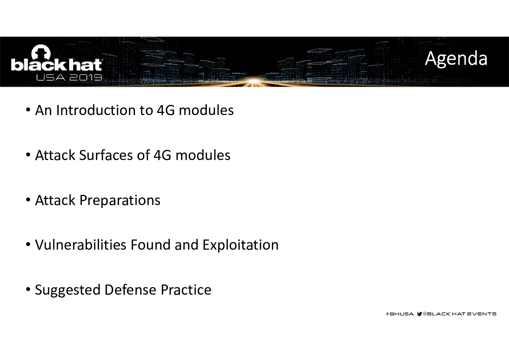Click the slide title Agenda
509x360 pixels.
point(456,59)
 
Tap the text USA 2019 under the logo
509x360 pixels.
point(69,78)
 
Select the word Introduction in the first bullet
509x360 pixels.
point(96,110)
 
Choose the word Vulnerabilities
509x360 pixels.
point(81,245)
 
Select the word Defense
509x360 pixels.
point(131,290)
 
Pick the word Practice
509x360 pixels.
point(186,290)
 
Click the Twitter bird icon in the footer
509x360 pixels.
point(419,314)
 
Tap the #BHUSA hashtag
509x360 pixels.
point(400,314)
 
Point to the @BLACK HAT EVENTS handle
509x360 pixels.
point(459,314)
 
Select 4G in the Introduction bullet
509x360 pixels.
point(166,110)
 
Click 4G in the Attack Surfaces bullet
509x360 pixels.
point(162,155)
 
